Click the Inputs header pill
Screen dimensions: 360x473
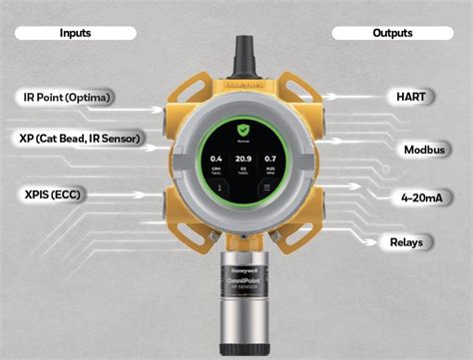pos(75,33)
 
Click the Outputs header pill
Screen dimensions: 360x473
pos(392,33)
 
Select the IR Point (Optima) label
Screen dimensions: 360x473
pos(65,97)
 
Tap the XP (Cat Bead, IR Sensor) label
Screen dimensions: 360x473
pos(79,137)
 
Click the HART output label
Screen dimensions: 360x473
pos(410,97)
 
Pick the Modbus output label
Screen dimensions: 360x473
pos(423,150)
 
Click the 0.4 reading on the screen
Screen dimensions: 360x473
pos(214,160)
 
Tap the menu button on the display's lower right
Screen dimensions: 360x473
pos(264,185)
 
